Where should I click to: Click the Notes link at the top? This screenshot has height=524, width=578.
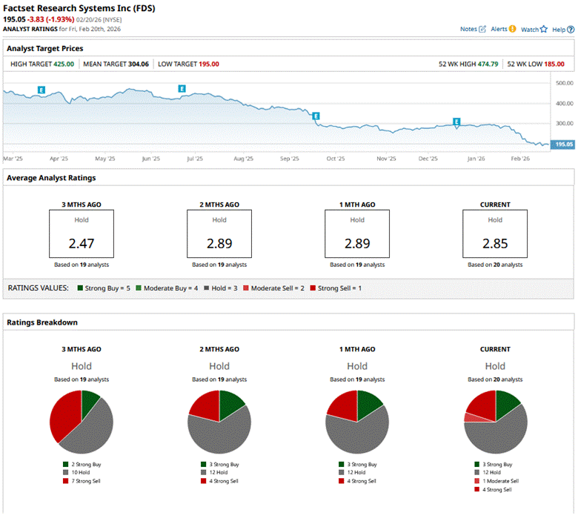click(x=472, y=29)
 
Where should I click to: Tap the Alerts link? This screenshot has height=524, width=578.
click(x=502, y=29)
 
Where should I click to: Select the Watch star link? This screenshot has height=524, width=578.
click(x=534, y=29)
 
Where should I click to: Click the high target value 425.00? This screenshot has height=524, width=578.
click(x=64, y=64)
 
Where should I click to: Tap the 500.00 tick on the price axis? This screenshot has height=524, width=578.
click(x=565, y=83)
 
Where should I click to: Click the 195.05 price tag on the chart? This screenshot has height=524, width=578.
click(x=564, y=145)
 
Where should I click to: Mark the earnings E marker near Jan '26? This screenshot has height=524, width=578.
click(x=456, y=122)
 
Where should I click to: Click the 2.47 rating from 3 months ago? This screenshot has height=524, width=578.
click(x=82, y=243)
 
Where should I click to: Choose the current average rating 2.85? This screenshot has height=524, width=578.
click(x=495, y=243)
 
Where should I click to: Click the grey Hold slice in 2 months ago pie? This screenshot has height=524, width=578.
click(x=222, y=434)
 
